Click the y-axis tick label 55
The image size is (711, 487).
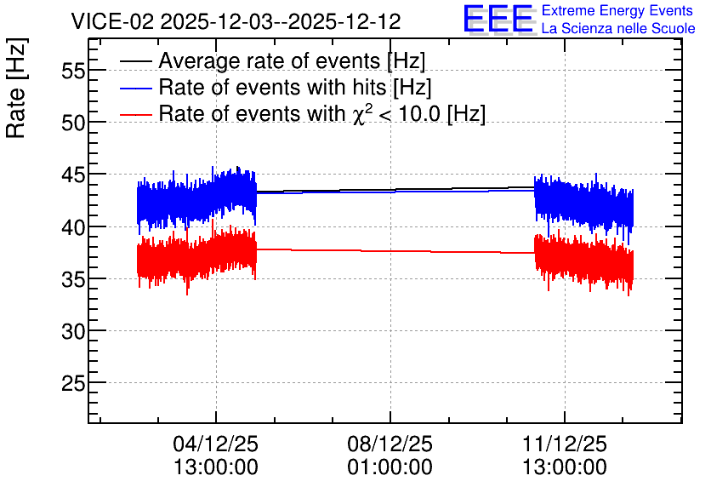pyautogui.click(x=73, y=71)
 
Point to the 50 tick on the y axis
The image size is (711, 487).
pyautogui.click(x=73, y=123)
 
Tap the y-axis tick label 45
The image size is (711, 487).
pyautogui.click(x=73, y=175)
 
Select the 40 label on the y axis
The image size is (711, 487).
pyautogui.click(x=73, y=227)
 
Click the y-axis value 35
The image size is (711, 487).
pyautogui.click(x=73, y=279)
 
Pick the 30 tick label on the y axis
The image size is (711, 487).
pyautogui.click(x=73, y=331)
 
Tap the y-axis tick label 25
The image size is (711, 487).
pyautogui.click(x=73, y=383)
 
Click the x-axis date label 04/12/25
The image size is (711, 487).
pyautogui.click(x=216, y=444)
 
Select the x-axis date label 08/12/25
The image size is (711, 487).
pyautogui.click(x=390, y=444)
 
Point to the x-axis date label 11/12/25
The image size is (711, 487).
pyautogui.click(x=565, y=444)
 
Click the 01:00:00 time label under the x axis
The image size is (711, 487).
pyautogui.click(x=390, y=467)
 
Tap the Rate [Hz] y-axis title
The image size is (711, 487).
pyautogui.click(x=16, y=88)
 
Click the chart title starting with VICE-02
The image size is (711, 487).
pyautogui.click(x=236, y=21)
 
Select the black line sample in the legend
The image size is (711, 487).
pyautogui.click(x=135, y=61)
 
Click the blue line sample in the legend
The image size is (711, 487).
pyautogui.click(x=135, y=88)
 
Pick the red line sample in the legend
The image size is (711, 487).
pyautogui.click(x=135, y=114)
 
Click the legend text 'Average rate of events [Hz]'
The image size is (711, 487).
pyautogui.click(x=292, y=61)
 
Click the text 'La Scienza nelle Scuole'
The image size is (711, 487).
pyautogui.click(x=618, y=29)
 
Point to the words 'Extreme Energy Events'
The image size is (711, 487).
pyautogui.click(x=617, y=10)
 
